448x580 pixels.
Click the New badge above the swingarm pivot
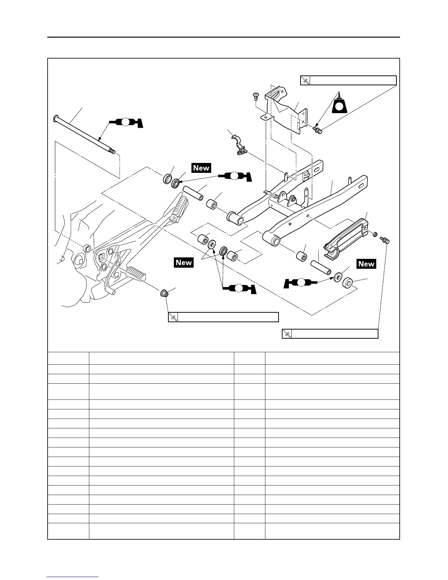[201, 168]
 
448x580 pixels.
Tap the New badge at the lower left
[184, 262]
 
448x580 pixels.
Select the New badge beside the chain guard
[366, 264]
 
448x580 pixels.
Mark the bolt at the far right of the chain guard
[386, 241]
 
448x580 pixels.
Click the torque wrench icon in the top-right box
[305, 81]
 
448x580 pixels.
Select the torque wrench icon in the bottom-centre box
[173, 317]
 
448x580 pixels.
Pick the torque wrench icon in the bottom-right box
[287, 334]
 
